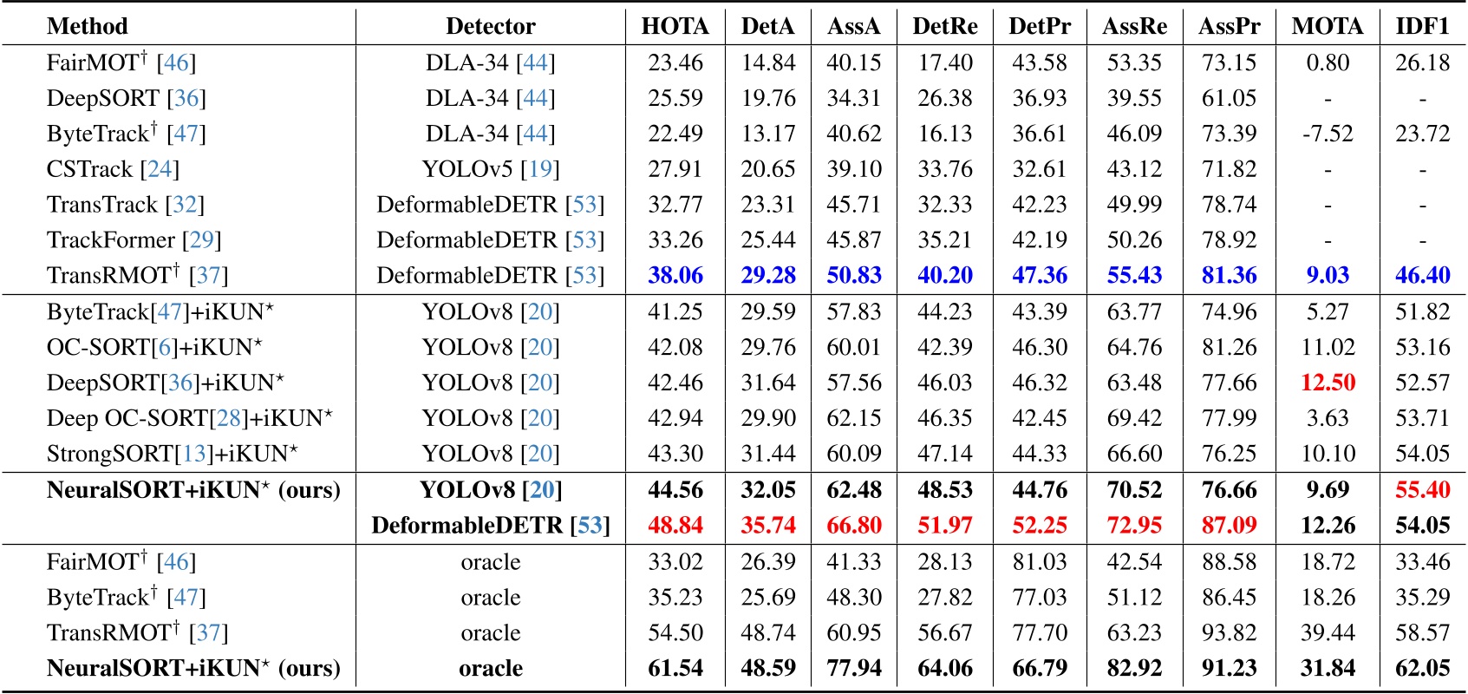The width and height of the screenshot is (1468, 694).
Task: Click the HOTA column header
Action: (x=675, y=26)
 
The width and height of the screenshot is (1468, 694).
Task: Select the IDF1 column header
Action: (x=1422, y=26)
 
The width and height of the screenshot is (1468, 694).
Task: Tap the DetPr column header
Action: (x=1039, y=26)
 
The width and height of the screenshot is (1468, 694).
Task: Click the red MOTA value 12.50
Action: (x=1328, y=383)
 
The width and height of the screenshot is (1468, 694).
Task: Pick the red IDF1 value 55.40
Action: (x=1422, y=489)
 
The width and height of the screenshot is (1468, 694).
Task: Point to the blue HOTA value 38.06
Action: (x=675, y=275)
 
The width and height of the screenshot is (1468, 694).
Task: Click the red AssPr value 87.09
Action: (x=1229, y=525)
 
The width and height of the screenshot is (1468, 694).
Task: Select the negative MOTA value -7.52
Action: (x=1328, y=134)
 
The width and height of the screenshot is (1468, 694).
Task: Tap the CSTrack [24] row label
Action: (x=113, y=169)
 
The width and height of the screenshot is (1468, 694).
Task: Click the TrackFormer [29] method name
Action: (x=134, y=239)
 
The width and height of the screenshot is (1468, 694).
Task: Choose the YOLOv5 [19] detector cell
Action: (x=491, y=169)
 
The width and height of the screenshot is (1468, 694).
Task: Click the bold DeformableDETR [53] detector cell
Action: (x=491, y=525)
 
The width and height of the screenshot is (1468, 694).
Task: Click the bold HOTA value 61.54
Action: (x=675, y=668)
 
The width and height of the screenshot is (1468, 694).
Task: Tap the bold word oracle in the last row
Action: (x=491, y=668)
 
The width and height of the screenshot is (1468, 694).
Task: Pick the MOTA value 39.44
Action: (x=1328, y=632)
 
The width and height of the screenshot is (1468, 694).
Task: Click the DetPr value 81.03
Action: (x=1039, y=561)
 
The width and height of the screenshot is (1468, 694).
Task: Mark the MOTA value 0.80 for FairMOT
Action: (x=1328, y=62)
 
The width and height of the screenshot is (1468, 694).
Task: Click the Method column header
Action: (x=87, y=26)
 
